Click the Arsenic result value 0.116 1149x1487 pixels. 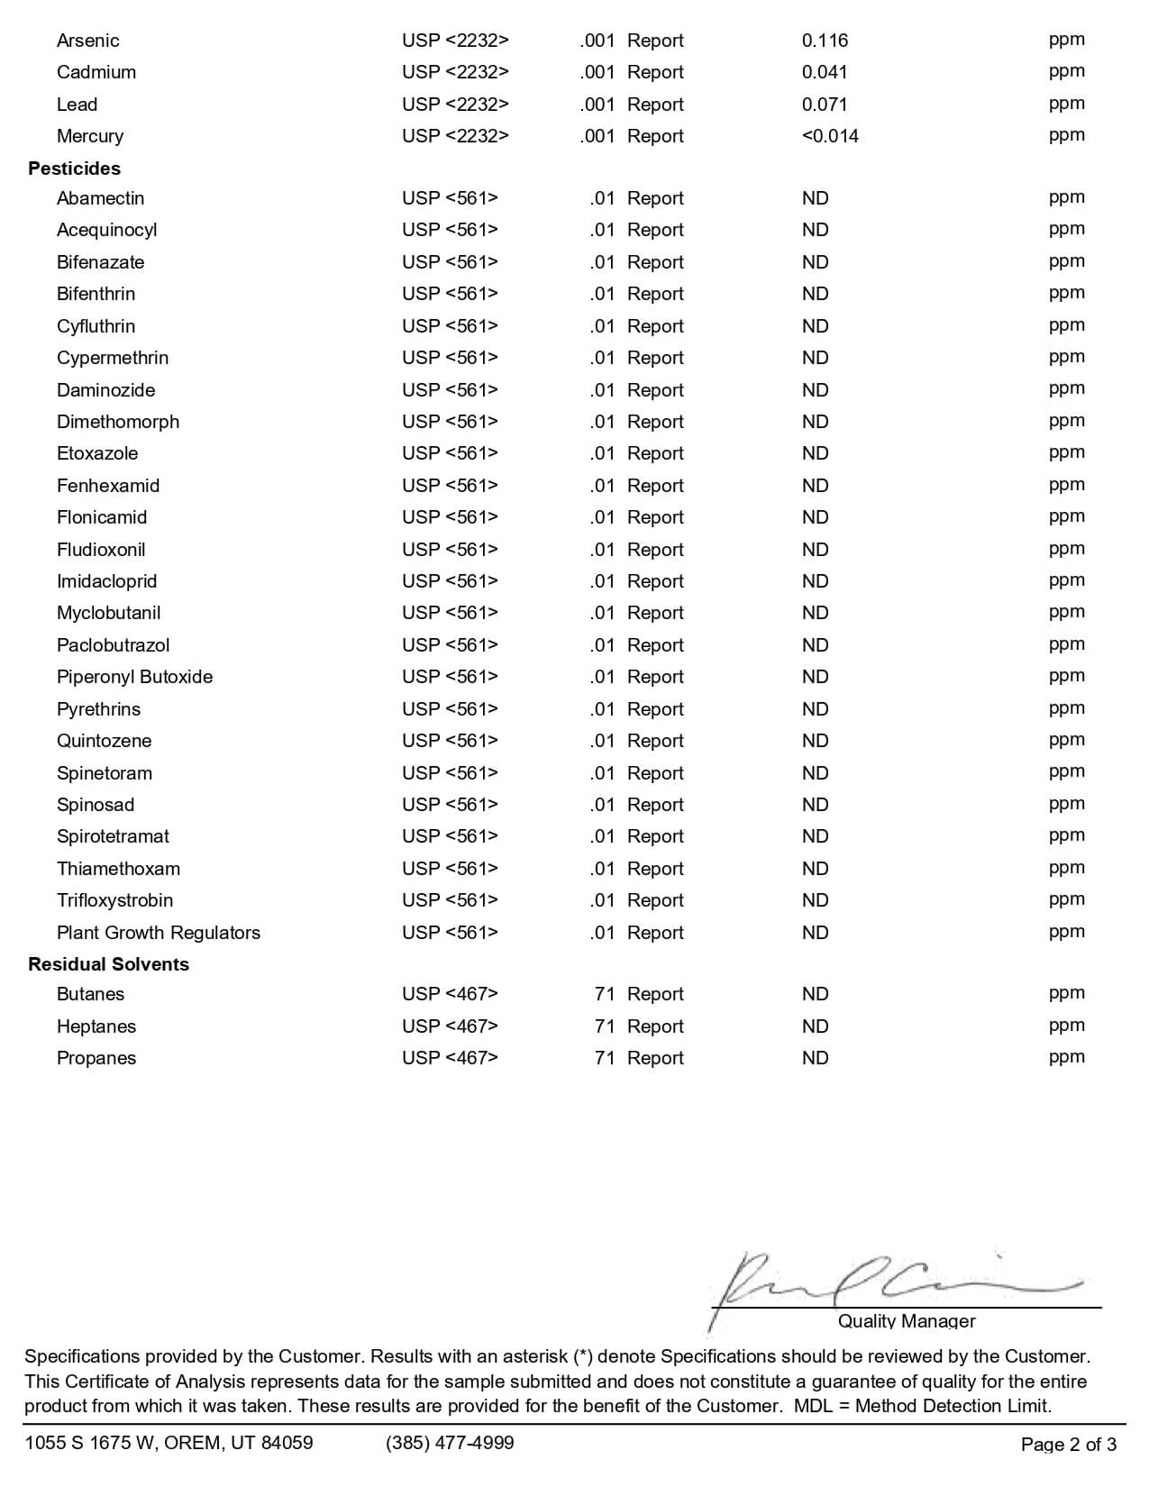pyautogui.click(x=825, y=41)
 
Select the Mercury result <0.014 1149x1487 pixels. pyautogui.click(x=830, y=136)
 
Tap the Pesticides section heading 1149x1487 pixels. pyautogui.click(x=74, y=169)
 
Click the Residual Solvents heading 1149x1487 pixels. pyautogui.click(x=108, y=964)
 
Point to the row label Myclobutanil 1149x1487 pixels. pyautogui.click(x=108, y=613)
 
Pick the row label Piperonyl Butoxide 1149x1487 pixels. pyautogui.click(x=134, y=677)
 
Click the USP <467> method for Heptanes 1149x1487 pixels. pyautogui.click(x=450, y=1026)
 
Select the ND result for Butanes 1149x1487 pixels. pyautogui.click(x=815, y=994)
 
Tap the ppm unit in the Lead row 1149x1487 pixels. pyautogui.click(x=1066, y=104)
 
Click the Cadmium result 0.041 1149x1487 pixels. pyautogui.click(x=825, y=72)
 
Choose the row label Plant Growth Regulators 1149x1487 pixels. pyautogui.click(x=158, y=933)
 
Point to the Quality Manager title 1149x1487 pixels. pyautogui.click(x=907, y=1321)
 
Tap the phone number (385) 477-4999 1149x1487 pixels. pyautogui.click(x=450, y=1443)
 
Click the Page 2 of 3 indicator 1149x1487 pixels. pyautogui.click(x=1068, y=1445)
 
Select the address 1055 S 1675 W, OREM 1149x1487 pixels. pyautogui.click(x=169, y=1443)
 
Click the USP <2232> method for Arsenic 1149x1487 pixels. pyautogui.click(x=455, y=41)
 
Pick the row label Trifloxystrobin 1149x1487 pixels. pyautogui.click(x=114, y=900)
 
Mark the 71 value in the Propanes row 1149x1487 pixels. pyautogui.click(x=604, y=1058)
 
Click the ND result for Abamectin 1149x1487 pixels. pyautogui.click(x=815, y=198)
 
